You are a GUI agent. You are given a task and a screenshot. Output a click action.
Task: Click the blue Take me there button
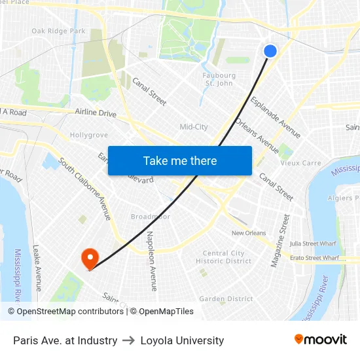[180, 160]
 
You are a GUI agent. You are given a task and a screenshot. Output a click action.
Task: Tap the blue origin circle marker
[270, 51]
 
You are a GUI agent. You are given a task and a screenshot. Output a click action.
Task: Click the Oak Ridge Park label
[59, 31]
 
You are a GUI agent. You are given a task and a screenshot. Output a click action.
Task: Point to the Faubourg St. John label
[219, 79]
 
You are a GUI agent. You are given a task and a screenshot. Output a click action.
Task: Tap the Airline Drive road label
[96, 113]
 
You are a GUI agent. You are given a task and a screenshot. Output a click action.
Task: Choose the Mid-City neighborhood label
[194, 127]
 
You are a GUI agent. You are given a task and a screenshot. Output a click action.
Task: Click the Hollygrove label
[88, 135]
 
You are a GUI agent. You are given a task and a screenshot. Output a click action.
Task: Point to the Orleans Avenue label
[258, 135]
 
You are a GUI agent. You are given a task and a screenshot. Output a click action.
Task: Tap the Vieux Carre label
[300, 163]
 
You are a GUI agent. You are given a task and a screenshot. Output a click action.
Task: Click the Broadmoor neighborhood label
[150, 217]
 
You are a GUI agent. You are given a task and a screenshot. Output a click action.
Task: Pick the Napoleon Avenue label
[151, 261]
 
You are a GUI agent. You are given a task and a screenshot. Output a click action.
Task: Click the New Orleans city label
[249, 233]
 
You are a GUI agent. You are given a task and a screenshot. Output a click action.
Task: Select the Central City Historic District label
[223, 257]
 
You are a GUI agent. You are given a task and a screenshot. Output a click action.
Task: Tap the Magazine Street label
[280, 240]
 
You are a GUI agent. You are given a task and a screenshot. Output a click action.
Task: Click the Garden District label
[226, 298]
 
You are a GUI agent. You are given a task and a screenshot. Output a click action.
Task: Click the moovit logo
[320, 340]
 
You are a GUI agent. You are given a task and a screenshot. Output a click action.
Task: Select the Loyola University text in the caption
[182, 340]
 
